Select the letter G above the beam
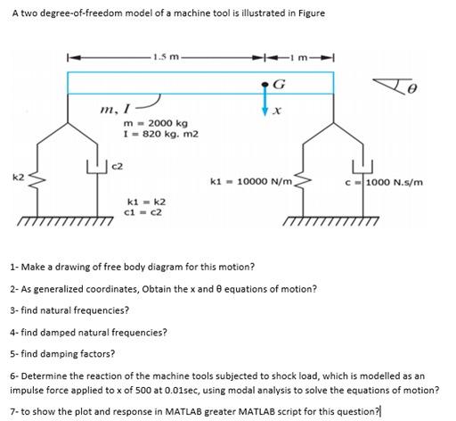coord(281,84)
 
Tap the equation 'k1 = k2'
coord(145,202)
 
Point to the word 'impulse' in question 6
coord(27,391)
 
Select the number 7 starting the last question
coord(12,409)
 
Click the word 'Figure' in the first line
coord(282,12)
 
